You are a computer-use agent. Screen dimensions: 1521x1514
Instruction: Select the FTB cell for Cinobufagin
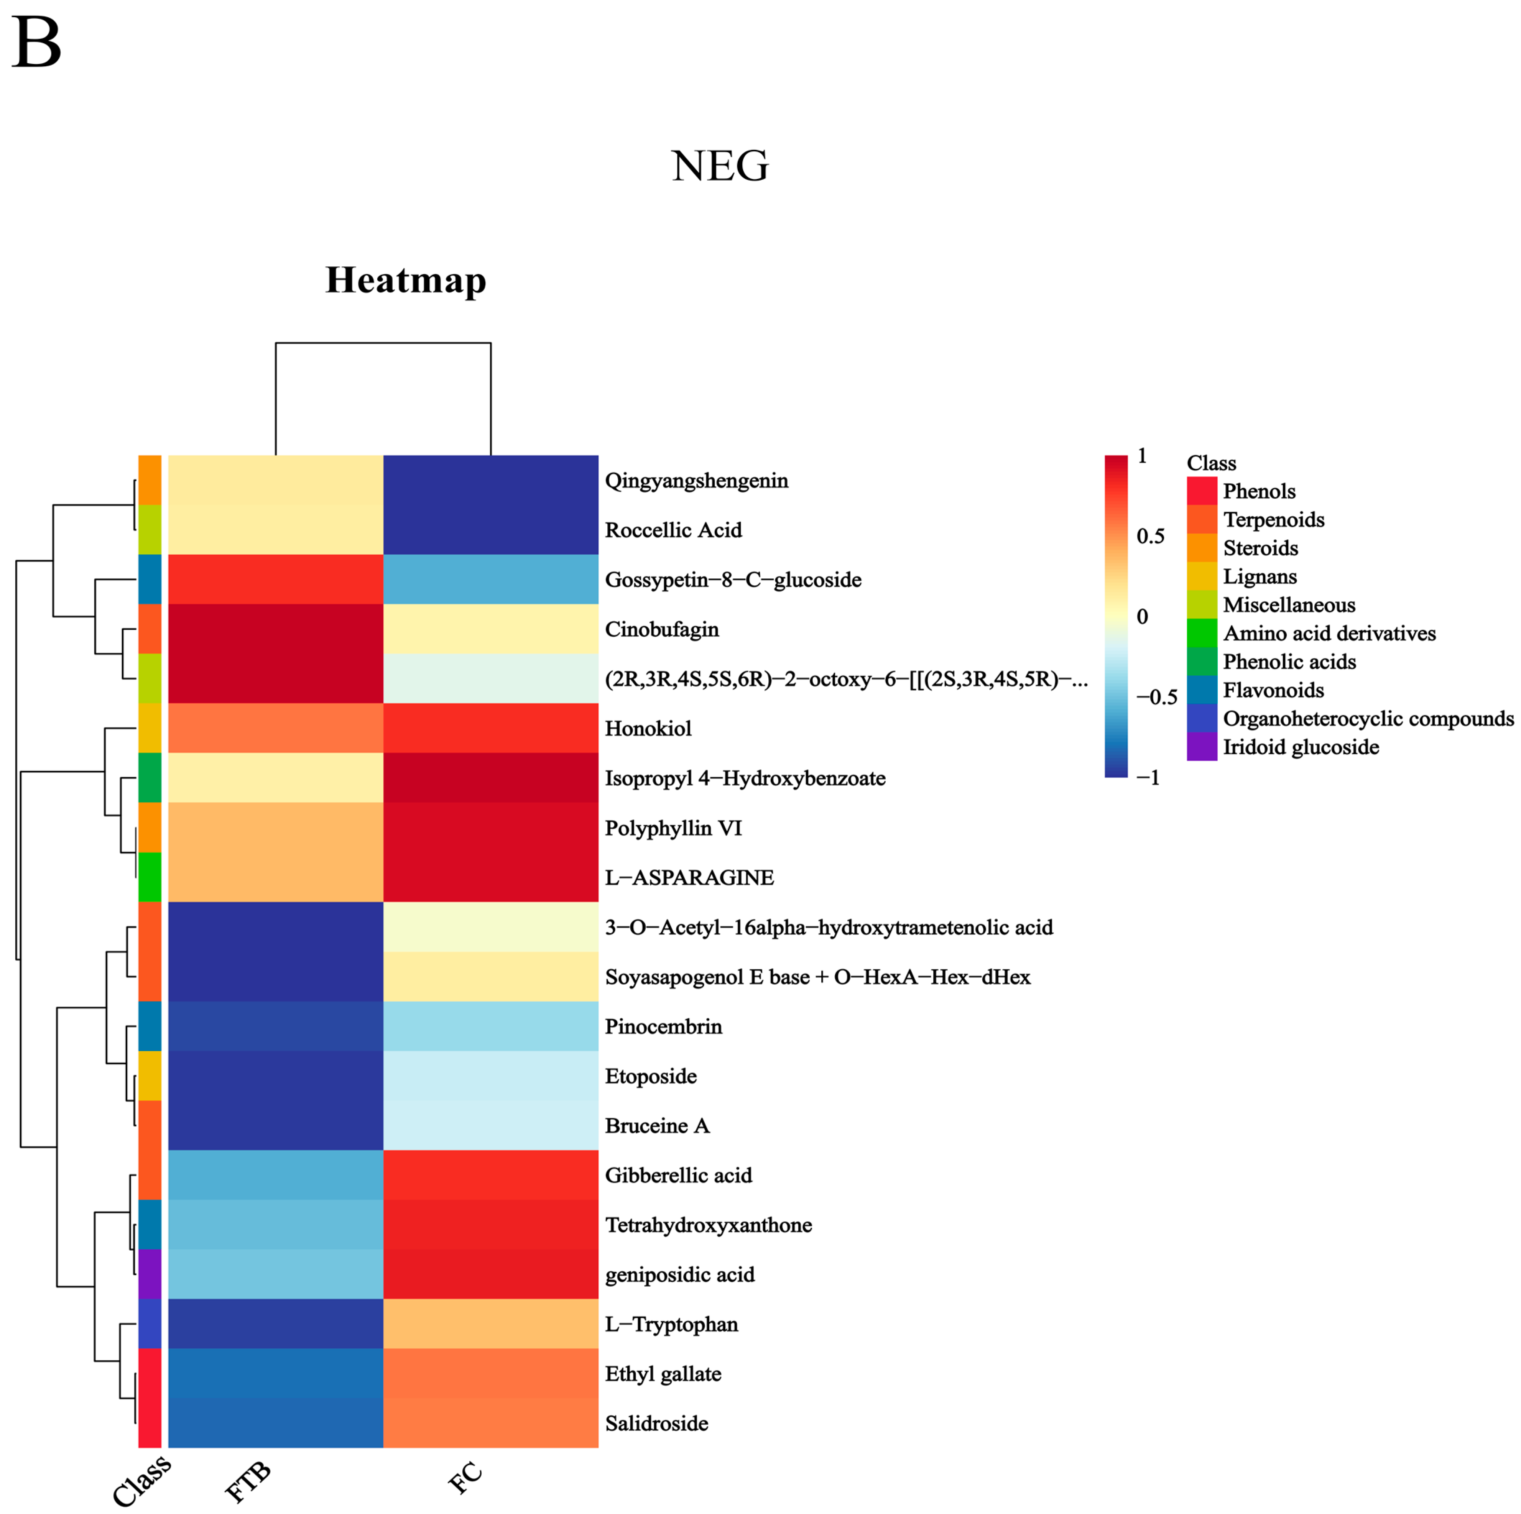pos(276,629)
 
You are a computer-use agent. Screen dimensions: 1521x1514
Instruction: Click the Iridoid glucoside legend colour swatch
pos(1201,747)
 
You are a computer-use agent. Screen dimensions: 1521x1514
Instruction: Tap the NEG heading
pos(720,166)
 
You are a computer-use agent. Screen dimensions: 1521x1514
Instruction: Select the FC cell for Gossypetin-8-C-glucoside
pos(490,579)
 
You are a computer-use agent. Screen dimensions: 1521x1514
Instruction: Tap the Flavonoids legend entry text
pos(1273,690)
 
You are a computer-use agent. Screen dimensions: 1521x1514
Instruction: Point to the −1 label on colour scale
pos(1149,777)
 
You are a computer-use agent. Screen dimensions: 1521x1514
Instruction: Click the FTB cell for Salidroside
pos(276,1423)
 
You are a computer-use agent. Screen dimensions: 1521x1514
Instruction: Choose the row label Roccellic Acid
pos(673,530)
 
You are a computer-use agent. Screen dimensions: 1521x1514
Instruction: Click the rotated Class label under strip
pos(142,1480)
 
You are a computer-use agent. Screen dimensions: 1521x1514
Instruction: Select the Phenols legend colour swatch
pos(1201,491)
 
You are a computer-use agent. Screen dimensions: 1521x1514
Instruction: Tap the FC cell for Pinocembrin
pos(490,1026)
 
